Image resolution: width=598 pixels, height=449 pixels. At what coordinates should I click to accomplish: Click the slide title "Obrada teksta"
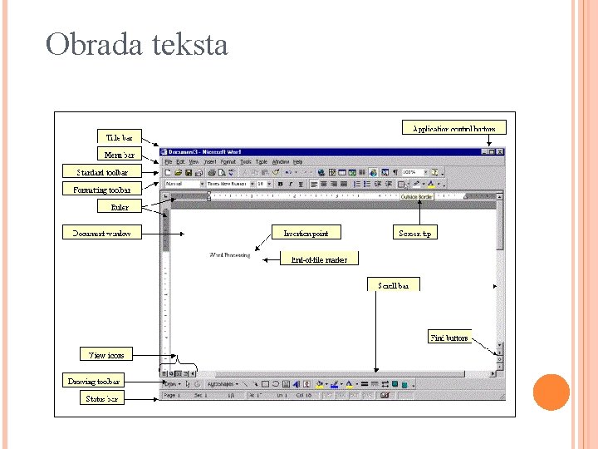coord(136,44)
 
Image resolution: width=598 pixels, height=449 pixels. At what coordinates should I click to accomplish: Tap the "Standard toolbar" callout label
coord(102,172)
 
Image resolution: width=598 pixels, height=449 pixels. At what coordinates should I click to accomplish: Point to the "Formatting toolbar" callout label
coord(101,189)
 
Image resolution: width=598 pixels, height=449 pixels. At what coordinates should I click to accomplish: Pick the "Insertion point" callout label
coord(306,233)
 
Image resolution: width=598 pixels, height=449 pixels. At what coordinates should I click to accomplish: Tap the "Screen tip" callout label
coord(414,233)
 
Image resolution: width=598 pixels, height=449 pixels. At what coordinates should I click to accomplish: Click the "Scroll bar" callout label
coord(393,285)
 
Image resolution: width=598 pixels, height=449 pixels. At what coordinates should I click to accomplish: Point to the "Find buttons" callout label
coord(449,338)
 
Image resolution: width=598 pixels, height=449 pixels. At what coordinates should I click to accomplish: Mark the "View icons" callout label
coord(106,355)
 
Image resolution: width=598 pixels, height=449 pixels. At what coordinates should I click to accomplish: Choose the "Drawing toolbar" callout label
coord(94,382)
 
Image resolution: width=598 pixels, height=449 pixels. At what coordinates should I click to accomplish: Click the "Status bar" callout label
coord(102,398)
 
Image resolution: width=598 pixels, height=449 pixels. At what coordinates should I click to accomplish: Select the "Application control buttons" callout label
coord(454,129)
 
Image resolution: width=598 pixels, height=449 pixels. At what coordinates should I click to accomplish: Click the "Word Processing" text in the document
coord(230,255)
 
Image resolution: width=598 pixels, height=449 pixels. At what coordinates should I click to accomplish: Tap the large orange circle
coord(551,392)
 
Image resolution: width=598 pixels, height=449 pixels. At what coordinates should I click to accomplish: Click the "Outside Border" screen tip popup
coord(416,197)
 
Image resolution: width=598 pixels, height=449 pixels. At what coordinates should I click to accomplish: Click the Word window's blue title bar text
coord(205,152)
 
